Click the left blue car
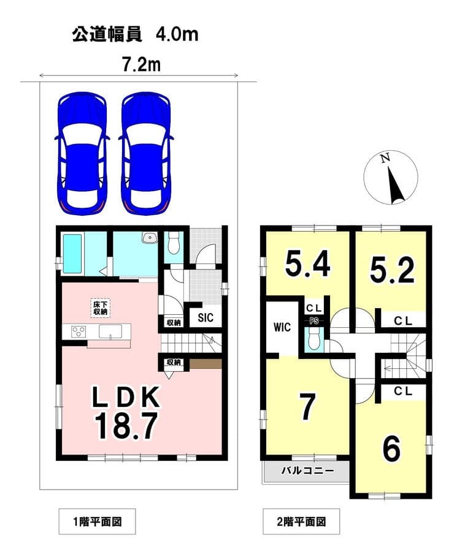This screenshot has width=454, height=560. [x=82, y=153]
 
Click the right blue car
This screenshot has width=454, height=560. [x=146, y=153]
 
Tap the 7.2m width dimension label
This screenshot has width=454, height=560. [x=142, y=65]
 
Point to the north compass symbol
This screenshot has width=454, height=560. [x=391, y=177]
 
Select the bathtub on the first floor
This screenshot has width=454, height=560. [x=74, y=253]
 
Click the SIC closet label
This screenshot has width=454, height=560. [x=206, y=317]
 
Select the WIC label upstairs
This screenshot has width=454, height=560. [x=282, y=327]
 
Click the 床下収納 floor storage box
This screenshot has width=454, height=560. [x=101, y=308]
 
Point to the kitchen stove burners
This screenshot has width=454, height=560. [x=79, y=332]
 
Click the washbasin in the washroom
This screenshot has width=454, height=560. [x=149, y=238]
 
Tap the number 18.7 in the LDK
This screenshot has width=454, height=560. [x=126, y=425]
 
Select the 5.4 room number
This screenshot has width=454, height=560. [x=307, y=264]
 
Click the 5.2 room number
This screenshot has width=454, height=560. [x=392, y=270]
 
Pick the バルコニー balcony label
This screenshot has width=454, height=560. [x=307, y=471]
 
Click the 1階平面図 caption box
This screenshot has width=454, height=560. [x=98, y=522]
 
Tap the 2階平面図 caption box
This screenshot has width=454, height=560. [x=301, y=522]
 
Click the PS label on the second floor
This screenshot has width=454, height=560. [x=314, y=321]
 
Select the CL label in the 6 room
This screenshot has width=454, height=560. [x=403, y=391]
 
